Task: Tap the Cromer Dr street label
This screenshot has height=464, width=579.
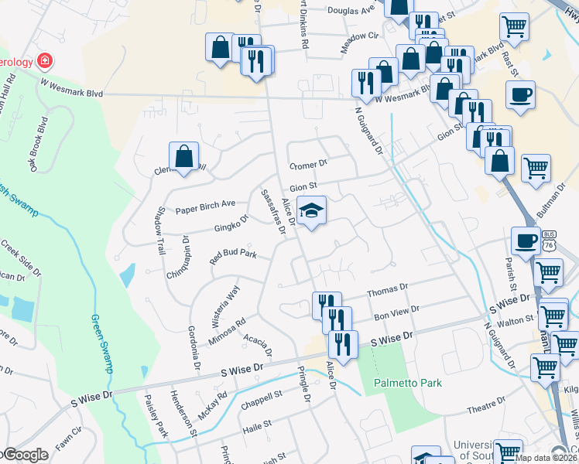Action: click(309, 165)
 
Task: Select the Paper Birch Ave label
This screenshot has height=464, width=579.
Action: click(205, 204)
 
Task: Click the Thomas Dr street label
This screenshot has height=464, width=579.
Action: click(387, 290)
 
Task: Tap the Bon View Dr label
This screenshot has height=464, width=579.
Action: click(396, 311)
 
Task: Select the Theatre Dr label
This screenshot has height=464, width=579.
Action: click(485, 404)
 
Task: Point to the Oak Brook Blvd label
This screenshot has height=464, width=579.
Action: click(47, 139)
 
